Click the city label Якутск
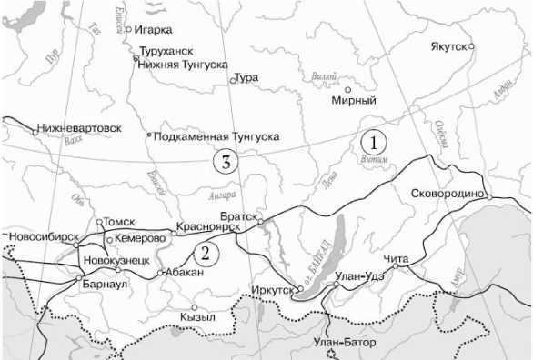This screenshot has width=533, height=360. (448, 45)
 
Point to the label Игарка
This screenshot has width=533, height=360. (152, 29)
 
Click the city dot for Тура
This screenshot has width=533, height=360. (233, 80)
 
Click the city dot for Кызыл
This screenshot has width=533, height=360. (194, 307)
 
